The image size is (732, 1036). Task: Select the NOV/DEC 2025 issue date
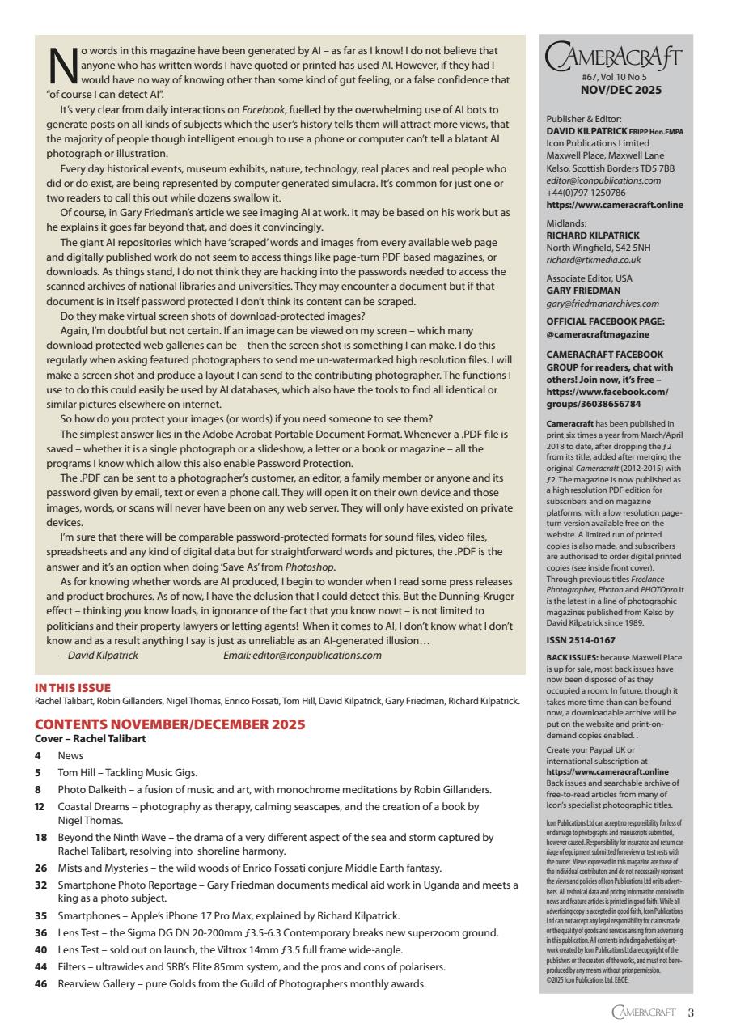click(615, 91)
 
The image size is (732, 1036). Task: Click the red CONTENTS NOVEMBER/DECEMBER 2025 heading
click(170, 724)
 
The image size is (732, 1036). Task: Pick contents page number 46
click(40, 983)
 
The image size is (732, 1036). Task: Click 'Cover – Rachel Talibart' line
click(90, 738)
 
